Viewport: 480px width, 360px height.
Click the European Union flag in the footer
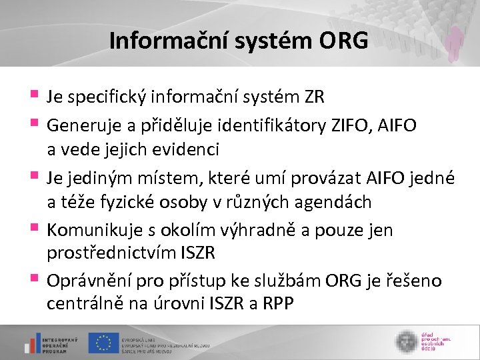click(x=103, y=342)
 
